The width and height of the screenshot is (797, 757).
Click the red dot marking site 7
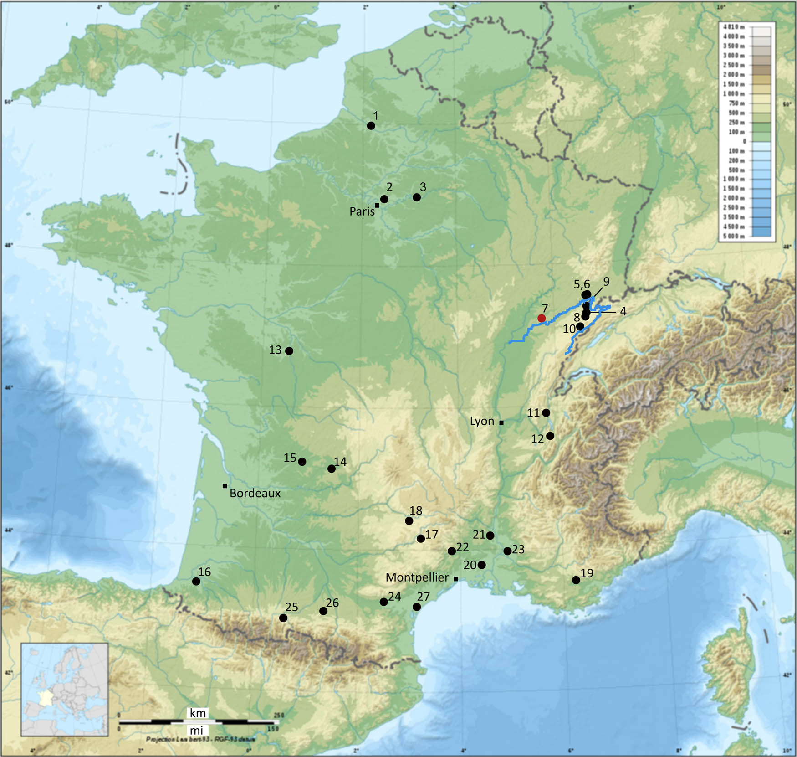(542, 318)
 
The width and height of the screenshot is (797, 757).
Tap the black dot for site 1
(371, 125)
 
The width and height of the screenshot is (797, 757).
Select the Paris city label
(362, 211)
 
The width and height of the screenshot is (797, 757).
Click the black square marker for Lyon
(501, 423)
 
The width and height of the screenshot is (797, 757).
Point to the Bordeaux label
(255, 493)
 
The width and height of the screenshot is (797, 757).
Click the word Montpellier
(417, 577)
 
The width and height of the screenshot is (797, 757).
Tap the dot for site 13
(289, 351)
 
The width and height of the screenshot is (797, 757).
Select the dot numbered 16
(196, 582)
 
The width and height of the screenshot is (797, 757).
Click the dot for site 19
(576, 580)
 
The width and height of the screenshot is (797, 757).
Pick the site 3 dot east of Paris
(416, 197)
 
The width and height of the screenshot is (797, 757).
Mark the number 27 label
(423, 597)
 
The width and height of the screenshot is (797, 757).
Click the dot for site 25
(283, 618)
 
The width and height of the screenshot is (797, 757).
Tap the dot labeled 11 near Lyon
(546, 412)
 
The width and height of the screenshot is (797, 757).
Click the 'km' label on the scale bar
(198, 713)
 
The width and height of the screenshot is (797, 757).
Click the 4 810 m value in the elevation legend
(734, 27)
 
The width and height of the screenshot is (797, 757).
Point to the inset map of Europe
(65, 690)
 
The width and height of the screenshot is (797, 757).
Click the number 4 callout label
(623, 311)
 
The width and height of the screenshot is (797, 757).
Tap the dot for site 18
(409, 521)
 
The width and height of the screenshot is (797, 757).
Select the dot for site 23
(507, 551)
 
